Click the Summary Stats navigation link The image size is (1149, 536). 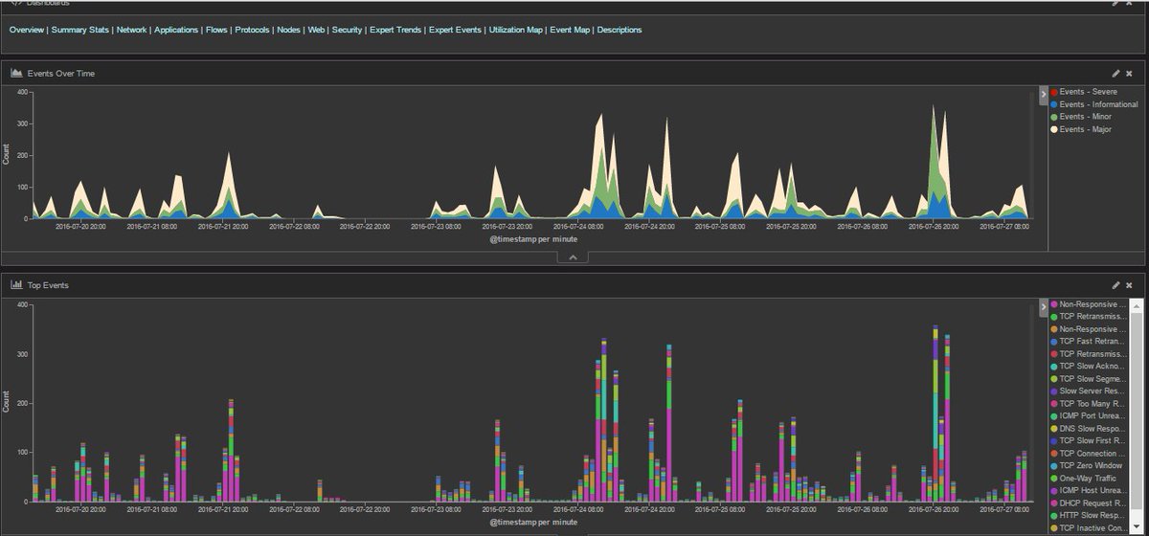pyautogui.click(x=81, y=30)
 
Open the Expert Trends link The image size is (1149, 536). pyautogui.click(x=394, y=30)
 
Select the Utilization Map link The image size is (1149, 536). pyautogui.click(x=515, y=30)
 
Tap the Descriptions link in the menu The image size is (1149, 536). pyautogui.click(x=619, y=30)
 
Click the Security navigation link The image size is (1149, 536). pyautogui.click(x=347, y=30)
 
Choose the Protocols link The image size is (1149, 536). pyautogui.click(x=252, y=30)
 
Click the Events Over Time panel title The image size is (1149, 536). pyautogui.click(x=61, y=73)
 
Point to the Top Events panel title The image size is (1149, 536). pyautogui.click(x=48, y=285)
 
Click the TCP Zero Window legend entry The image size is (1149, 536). pyautogui.click(x=1092, y=465)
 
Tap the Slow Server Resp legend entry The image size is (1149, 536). pyautogui.click(x=1092, y=391)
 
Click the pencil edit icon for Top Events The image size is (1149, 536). pyautogui.click(x=1115, y=285)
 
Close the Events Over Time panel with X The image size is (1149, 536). pyautogui.click(x=1129, y=73)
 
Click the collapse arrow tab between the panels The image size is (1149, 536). pyautogui.click(x=573, y=257)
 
